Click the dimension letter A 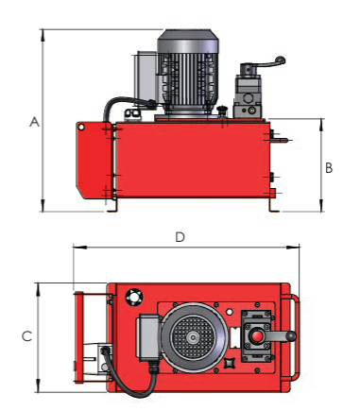point(34,122)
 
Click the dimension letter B point(329,168)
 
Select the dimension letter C point(26,336)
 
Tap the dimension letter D point(180,237)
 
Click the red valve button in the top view point(257,336)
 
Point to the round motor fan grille point(193,338)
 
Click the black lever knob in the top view point(292,336)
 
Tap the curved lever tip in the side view point(280,60)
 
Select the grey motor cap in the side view point(188,41)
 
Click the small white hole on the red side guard point(81,128)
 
